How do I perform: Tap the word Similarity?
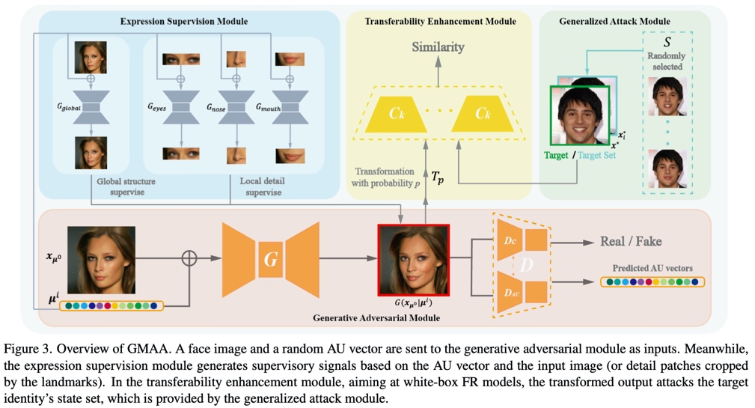(x=438, y=46)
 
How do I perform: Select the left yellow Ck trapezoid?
(x=396, y=114)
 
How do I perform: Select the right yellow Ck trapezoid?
(x=483, y=114)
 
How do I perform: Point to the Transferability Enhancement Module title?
(x=440, y=22)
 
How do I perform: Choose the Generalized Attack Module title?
(x=614, y=22)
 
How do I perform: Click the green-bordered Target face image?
(x=580, y=115)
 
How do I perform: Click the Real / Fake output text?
(x=631, y=242)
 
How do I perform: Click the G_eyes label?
(x=156, y=108)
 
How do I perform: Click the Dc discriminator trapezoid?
(x=511, y=241)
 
